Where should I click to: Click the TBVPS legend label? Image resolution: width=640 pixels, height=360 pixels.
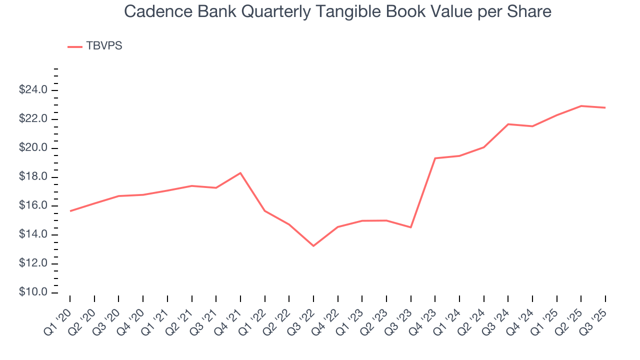[x=104, y=46]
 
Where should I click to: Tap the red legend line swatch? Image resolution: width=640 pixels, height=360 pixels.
[x=75, y=46]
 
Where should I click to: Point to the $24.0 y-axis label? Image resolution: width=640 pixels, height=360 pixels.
[x=33, y=90]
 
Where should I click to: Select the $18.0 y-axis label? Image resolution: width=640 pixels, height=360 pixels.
[x=33, y=177]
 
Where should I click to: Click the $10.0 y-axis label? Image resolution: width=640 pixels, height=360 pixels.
[x=33, y=292]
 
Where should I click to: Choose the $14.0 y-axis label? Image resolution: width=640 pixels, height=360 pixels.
[x=33, y=234]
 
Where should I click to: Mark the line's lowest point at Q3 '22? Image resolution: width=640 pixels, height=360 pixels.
[x=313, y=246]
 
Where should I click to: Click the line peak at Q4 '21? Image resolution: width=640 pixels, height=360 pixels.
[x=240, y=173]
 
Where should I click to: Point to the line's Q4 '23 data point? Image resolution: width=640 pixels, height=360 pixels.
[x=435, y=158]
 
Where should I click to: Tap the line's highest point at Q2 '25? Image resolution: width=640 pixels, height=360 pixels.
[x=581, y=106]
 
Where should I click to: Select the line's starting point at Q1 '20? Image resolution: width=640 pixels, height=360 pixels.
[x=70, y=211]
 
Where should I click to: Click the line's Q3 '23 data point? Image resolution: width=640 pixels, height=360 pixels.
[x=410, y=227]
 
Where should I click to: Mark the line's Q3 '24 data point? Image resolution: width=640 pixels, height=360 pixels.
[x=508, y=124]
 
